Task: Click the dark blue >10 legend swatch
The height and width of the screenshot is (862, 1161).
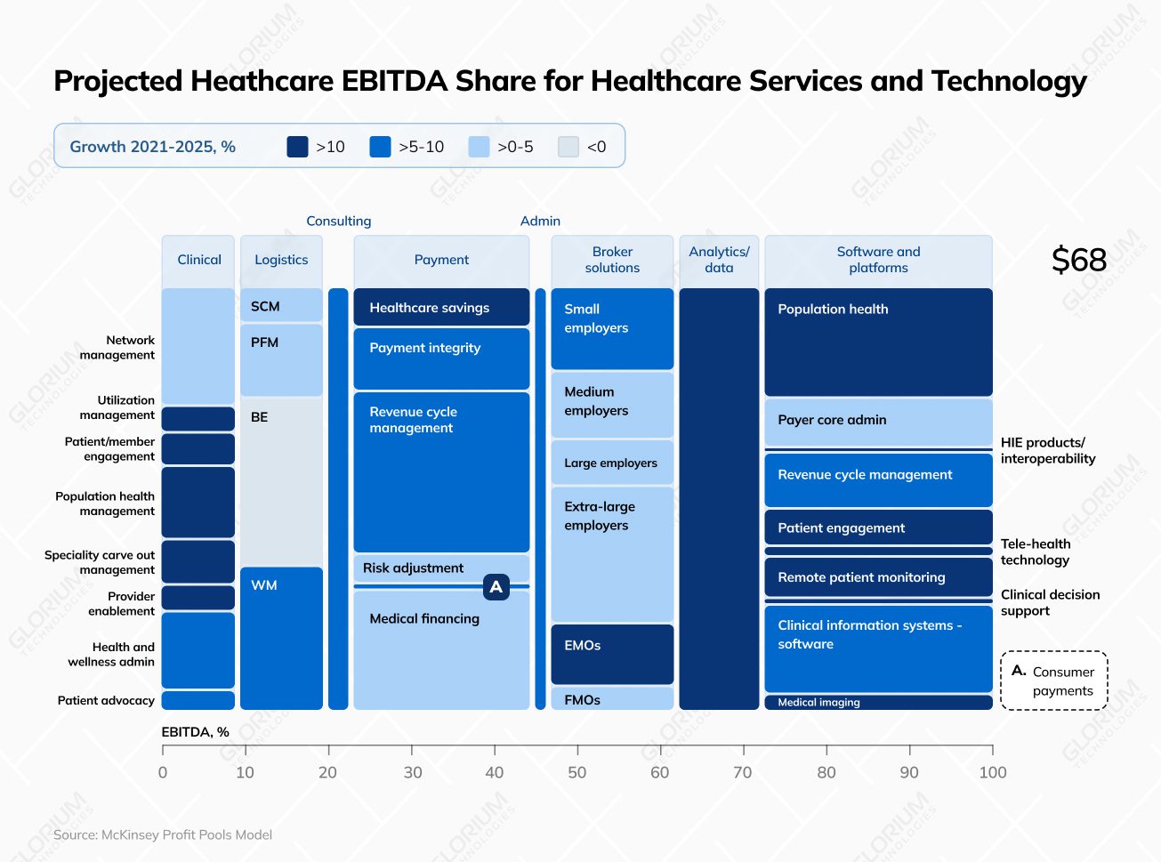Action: [x=297, y=147]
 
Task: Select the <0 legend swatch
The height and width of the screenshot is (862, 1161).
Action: [x=568, y=147]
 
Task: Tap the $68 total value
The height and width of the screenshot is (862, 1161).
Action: [x=1078, y=260]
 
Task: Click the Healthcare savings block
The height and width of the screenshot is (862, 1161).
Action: [x=441, y=307]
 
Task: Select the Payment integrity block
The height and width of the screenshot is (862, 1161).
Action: [x=441, y=358]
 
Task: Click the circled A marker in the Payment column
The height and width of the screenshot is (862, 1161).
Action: [x=496, y=587]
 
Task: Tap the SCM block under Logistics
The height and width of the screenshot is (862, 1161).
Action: [x=281, y=305]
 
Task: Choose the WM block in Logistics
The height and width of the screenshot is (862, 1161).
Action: [x=281, y=637]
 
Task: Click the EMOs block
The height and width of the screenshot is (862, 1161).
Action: [x=612, y=654]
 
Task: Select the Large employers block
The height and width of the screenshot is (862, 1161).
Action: [x=612, y=463]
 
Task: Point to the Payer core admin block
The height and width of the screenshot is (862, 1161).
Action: [x=878, y=421]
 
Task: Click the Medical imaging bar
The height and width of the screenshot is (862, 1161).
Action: [x=878, y=703]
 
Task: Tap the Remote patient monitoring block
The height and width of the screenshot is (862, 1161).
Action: [x=878, y=577]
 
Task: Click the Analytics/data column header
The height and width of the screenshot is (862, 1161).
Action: [x=719, y=260]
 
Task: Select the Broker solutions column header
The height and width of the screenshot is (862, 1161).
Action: [x=612, y=260]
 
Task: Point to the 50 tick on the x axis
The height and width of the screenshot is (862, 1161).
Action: [x=577, y=772]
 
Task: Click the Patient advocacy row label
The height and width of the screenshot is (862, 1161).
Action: [x=106, y=700]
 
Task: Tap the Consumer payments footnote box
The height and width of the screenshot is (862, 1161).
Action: [x=1054, y=681]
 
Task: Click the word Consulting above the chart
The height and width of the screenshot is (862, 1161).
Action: [x=338, y=221]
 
